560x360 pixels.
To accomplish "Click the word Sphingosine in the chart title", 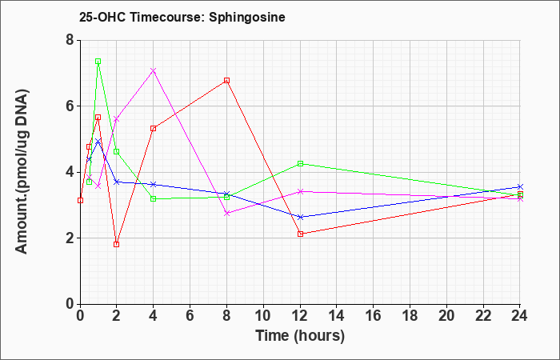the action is tap(247, 18).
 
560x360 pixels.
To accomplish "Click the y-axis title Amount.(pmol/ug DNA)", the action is tap(22, 171).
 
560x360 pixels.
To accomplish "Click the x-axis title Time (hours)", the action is tap(300, 336).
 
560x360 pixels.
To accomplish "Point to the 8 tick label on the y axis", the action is tap(70, 40).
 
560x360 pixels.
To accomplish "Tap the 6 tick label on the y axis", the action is tap(70, 106).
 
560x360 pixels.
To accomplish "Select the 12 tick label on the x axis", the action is tap(300, 315).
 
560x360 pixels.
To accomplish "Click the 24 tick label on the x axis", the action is tap(520, 315).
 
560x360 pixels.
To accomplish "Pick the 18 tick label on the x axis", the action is tap(410, 315).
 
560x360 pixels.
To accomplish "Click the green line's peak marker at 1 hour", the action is tap(98, 62).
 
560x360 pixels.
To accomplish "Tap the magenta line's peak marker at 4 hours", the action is tap(154, 70).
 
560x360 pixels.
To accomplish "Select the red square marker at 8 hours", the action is tap(226, 81).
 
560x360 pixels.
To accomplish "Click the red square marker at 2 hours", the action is tap(117, 245).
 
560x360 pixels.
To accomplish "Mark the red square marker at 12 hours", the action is tap(300, 234).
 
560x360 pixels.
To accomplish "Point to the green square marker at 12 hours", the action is tap(300, 163).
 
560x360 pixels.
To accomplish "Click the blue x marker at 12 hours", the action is tap(300, 217).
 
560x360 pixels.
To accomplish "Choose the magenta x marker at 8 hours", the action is tap(226, 214).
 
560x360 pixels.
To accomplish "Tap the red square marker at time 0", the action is tap(80, 200).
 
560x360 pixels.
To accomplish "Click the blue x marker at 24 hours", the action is tap(520, 186).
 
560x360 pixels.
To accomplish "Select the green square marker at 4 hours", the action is tap(154, 199).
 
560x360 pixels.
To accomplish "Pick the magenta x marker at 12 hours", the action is tap(300, 191).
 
